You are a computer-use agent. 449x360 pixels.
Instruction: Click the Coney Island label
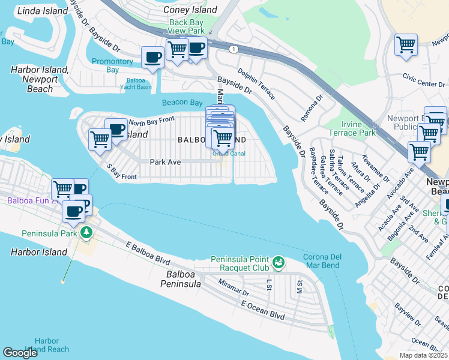[193, 10]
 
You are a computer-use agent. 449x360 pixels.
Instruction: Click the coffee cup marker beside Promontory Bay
[152, 58]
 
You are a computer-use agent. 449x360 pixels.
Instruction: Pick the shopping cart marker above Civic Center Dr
[406, 44]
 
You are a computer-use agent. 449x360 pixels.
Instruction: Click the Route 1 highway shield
[231, 48]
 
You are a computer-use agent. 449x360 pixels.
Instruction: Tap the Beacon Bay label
[182, 103]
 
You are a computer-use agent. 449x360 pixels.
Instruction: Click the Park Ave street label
[165, 162]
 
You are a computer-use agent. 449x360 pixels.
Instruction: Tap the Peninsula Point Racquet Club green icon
[277, 262]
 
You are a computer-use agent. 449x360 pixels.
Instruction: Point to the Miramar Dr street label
[234, 289]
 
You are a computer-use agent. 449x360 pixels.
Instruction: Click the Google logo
[20, 353]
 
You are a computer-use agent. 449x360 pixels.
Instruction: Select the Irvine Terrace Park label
[352, 128]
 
